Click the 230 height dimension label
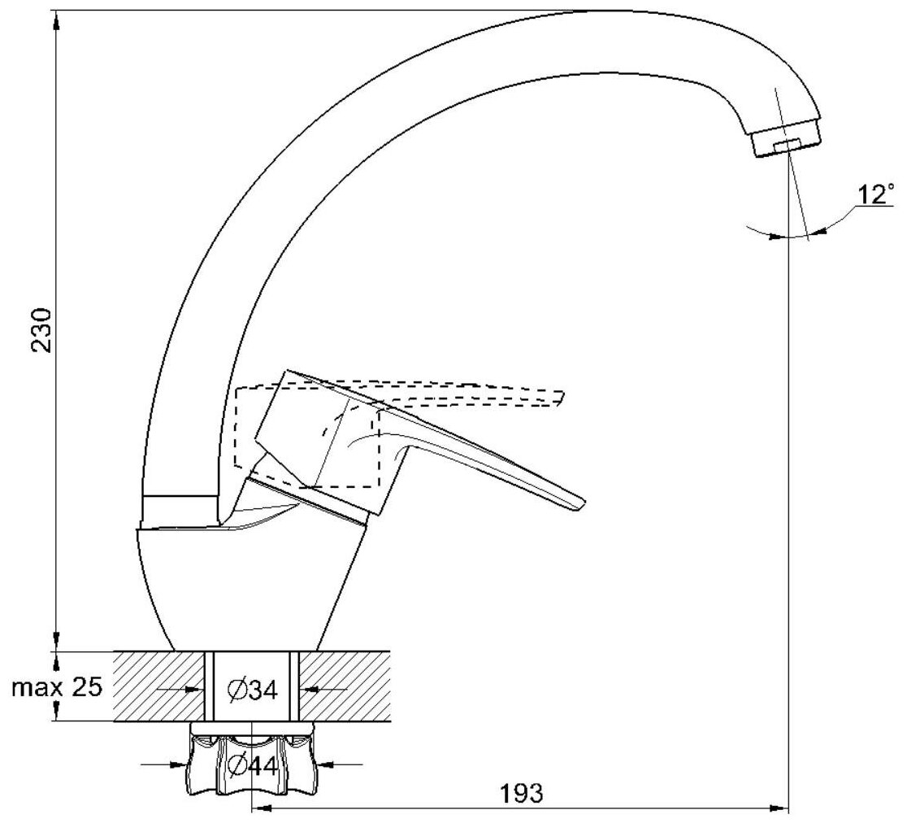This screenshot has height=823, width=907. (42, 330)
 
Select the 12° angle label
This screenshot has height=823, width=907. (875, 195)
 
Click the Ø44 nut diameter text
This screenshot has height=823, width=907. (252, 765)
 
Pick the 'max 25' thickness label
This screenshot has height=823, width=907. (57, 687)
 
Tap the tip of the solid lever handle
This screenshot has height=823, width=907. (579, 504)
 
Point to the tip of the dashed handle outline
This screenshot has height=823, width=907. (561, 398)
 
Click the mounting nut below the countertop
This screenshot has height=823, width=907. (252, 760)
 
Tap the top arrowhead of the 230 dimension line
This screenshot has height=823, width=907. (55, 19)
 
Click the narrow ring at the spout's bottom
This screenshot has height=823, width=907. (179, 509)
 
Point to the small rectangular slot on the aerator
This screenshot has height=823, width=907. (786, 146)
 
